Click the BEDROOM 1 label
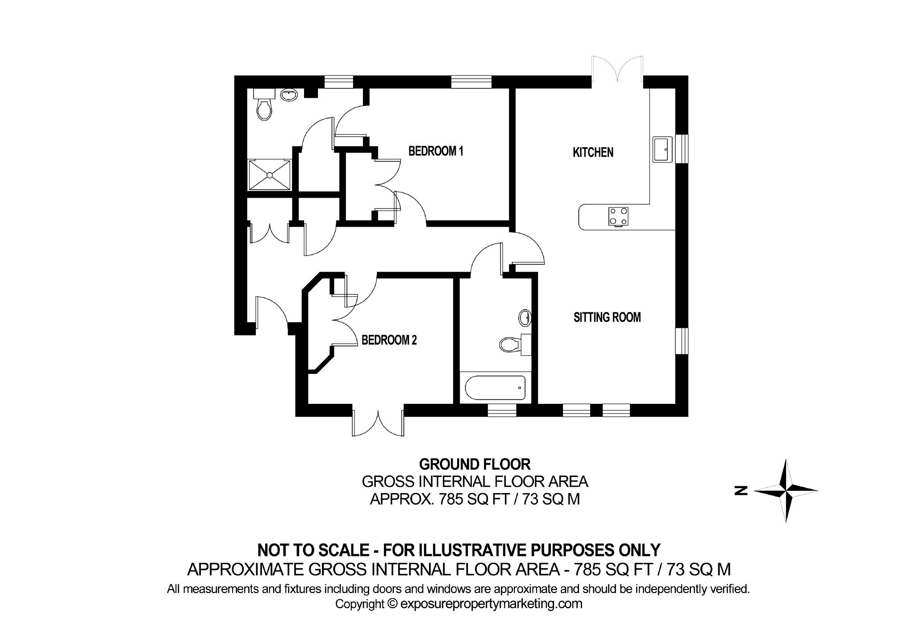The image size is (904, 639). (436, 151)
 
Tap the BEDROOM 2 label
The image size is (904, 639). (389, 340)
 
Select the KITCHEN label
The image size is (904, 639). (593, 153)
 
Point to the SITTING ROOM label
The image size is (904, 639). (607, 318)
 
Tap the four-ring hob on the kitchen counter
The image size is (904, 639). (618, 216)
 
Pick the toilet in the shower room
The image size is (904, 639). (264, 109)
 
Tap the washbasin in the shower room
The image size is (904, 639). (288, 95)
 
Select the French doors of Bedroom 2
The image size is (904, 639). (378, 422)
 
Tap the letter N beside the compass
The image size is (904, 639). (741, 491)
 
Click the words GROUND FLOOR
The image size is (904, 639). (475, 465)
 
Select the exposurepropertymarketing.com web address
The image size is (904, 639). (492, 604)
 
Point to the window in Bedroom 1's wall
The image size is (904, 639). (471, 83)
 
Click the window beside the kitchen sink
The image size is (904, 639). (682, 149)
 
